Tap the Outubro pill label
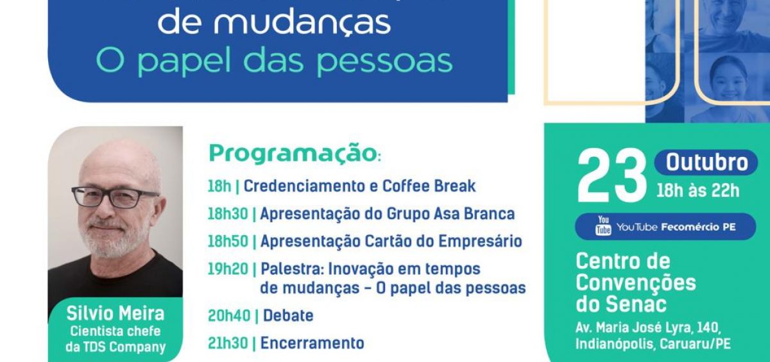click(x=706, y=163)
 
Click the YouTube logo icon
click(x=603, y=226)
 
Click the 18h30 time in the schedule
click(x=228, y=214)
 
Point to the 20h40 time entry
click(x=229, y=316)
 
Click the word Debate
click(x=288, y=316)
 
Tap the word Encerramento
click(x=312, y=343)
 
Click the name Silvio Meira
click(x=116, y=313)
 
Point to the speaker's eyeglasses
click(x=115, y=197)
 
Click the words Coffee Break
click(x=429, y=186)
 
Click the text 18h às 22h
click(x=698, y=191)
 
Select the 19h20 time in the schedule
click(x=228, y=269)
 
